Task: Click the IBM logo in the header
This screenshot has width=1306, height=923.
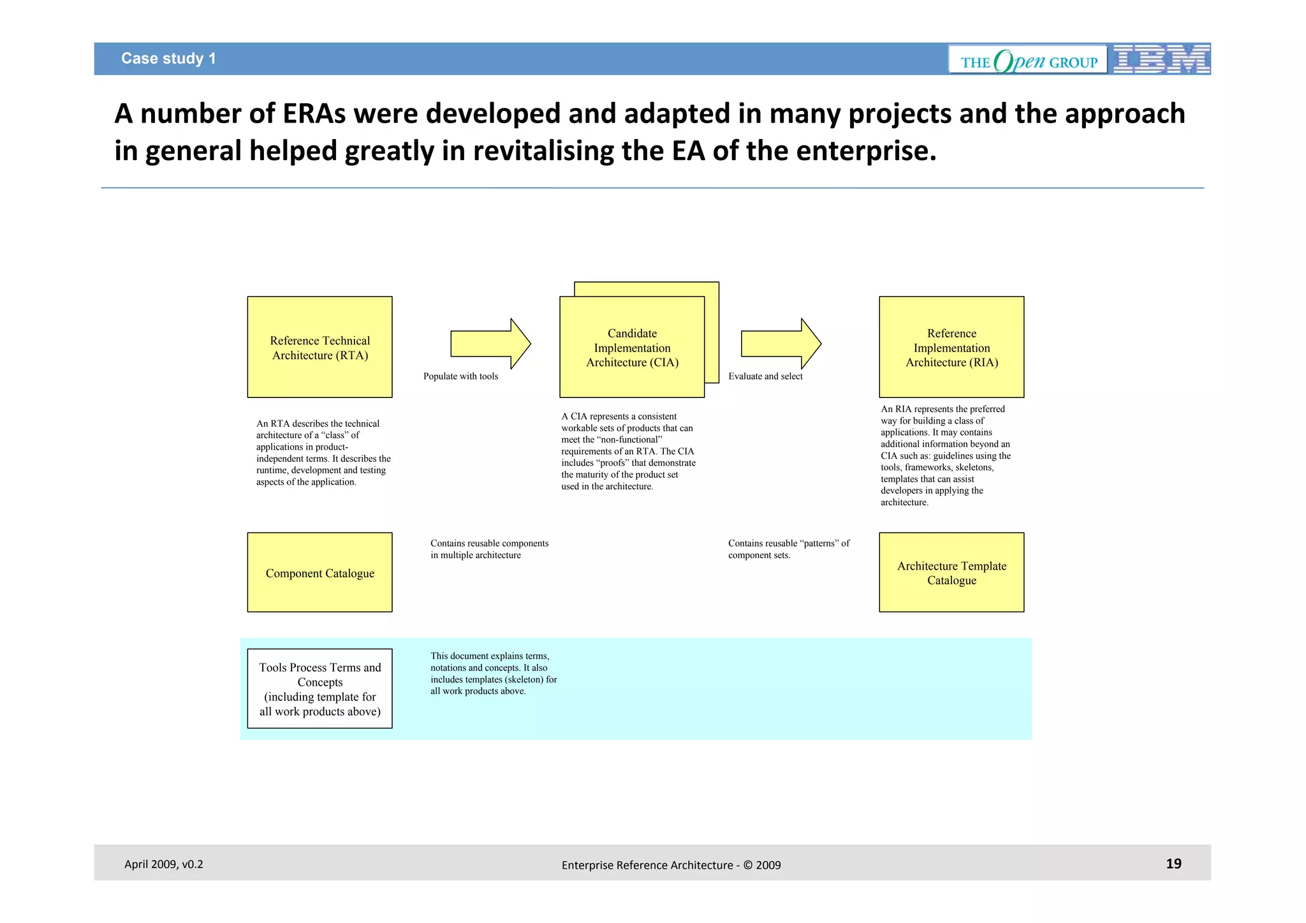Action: point(1161,59)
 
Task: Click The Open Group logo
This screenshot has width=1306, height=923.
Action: point(1028,60)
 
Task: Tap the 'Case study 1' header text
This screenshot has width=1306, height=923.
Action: point(168,59)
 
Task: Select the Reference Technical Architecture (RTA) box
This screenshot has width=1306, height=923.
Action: point(319,347)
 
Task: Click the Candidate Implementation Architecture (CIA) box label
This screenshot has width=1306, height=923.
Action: point(632,348)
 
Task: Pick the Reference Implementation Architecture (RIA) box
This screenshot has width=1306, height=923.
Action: point(951,347)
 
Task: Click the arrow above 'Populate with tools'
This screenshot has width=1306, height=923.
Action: point(490,344)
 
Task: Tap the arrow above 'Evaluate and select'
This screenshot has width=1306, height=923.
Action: point(781,344)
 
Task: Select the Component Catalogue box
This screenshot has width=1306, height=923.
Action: point(319,573)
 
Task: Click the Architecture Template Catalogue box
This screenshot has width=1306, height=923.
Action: point(951,573)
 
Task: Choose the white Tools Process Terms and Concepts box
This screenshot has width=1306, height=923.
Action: point(319,689)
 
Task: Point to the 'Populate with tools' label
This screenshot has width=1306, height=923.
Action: point(460,376)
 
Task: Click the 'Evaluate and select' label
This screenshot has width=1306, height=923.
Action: point(765,376)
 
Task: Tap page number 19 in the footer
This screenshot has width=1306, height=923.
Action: point(1173,864)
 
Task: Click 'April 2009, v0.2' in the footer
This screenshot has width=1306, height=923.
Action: point(163,864)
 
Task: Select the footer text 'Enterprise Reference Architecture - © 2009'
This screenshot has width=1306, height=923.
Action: point(671,865)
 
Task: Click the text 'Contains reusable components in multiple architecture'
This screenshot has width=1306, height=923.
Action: point(489,549)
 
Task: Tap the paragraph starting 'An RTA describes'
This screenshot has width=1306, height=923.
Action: point(323,453)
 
